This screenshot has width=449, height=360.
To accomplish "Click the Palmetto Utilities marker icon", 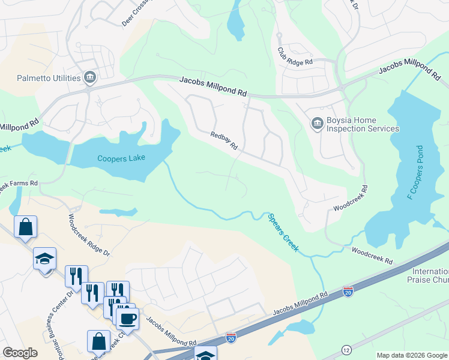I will coord(90,77).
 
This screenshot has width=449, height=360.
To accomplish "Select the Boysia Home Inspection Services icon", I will coord(317,124).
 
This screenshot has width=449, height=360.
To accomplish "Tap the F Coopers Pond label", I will coord(415,173).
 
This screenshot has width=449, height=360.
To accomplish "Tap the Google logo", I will coord(20,352).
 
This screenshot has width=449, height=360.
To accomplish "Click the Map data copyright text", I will coord(412,355).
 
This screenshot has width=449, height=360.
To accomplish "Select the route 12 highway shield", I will coord(346,349).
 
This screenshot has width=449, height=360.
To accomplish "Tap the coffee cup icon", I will coord(127,318).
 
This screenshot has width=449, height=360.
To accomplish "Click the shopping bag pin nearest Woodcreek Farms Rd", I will coord(25,227).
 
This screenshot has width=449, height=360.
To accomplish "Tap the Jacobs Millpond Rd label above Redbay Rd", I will coord(213,86).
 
